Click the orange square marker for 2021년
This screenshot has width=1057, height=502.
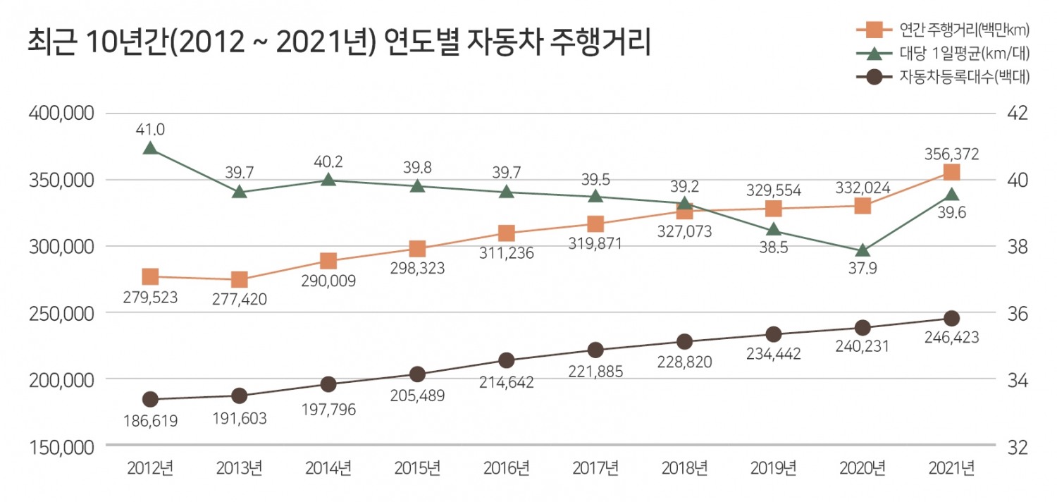(x=951, y=173)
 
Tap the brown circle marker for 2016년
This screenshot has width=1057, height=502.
(x=506, y=360)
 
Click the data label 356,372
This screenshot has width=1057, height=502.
(x=951, y=153)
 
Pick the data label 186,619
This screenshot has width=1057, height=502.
(x=149, y=421)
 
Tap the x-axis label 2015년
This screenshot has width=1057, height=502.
(x=416, y=467)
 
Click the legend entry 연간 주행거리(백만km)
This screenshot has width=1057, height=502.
(x=964, y=30)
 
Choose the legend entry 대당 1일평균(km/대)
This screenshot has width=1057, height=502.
(x=964, y=53)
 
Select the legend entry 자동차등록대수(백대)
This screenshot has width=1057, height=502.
(x=964, y=77)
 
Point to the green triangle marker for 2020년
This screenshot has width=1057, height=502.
(x=863, y=251)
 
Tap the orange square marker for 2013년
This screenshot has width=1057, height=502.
(x=239, y=280)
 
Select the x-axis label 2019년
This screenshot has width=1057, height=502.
(x=773, y=467)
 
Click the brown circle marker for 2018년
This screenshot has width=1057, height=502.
(x=684, y=342)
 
